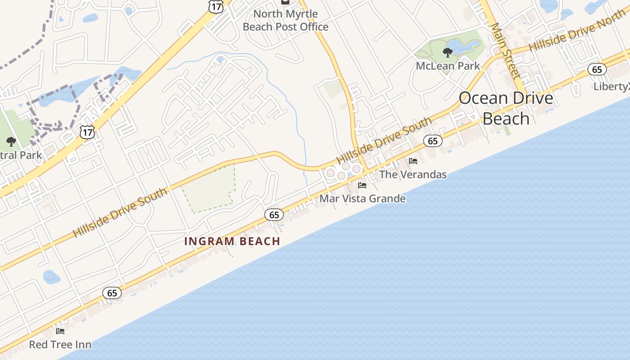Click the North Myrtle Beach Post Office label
pyautogui.click(x=285, y=20)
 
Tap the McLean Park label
pyautogui.click(x=448, y=66)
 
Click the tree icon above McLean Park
pyautogui.click(x=448, y=53)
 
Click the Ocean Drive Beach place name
pyautogui.click(x=506, y=108)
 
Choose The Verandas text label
pyautogui.click(x=413, y=174)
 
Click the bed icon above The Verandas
pyautogui.click(x=413, y=161)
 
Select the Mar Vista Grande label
pyautogui.click(x=362, y=198)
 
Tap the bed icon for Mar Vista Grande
pyautogui.click(x=362, y=185)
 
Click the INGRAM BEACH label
pyautogui.click(x=232, y=241)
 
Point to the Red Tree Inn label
pyautogui.click(x=60, y=345)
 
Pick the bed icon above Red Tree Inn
pyautogui.click(x=60, y=332)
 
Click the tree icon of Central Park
pyautogui.click(x=11, y=142)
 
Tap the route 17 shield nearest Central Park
pyautogui.click(x=87, y=131)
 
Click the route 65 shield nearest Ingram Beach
pyautogui.click(x=274, y=215)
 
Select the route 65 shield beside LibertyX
pyautogui.click(x=597, y=69)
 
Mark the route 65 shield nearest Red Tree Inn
pyautogui.click(x=112, y=293)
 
